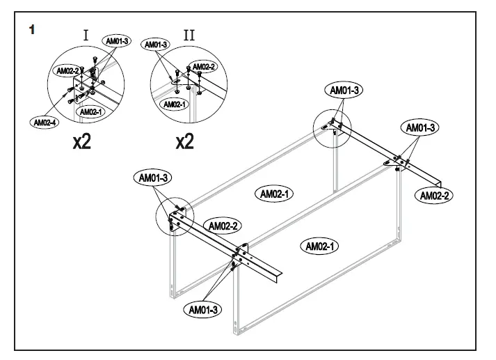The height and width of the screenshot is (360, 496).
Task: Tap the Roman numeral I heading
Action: tap(86, 35)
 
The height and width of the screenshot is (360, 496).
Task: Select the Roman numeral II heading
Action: tap(189, 35)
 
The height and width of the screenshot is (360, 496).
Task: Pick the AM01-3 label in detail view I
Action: tap(117, 42)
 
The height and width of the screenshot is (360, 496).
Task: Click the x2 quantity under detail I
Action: tap(81, 143)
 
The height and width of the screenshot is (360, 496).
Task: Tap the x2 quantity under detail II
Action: tap(184, 143)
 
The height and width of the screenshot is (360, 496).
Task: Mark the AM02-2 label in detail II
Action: tap(204, 67)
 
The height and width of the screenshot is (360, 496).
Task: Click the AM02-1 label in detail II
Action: tap(174, 104)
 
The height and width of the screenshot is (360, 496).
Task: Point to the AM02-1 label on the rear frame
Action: tap(276, 194)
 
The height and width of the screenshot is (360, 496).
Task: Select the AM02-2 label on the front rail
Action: tap(224, 226)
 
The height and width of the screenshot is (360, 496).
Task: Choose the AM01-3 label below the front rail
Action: tap(203, 308)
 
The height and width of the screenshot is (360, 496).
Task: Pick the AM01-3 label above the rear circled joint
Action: tap(344, 90)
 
